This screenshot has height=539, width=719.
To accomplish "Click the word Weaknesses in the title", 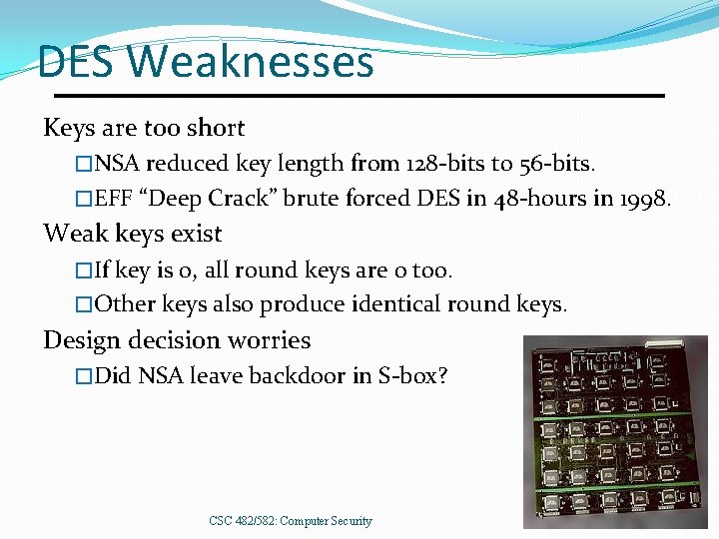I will click(251, 62).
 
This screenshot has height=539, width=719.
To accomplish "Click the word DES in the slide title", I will click(79, 62).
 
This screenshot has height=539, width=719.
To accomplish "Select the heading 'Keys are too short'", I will click(144, 128).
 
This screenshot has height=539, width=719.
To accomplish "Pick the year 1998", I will click(646, 199).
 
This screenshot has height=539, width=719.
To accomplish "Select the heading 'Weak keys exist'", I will click(132, 234).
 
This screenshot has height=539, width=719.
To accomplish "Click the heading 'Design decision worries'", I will click(177, 340).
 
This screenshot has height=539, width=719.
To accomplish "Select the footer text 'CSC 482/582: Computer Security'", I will click(291, 521).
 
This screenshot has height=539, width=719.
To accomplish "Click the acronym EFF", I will click(116, 199).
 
